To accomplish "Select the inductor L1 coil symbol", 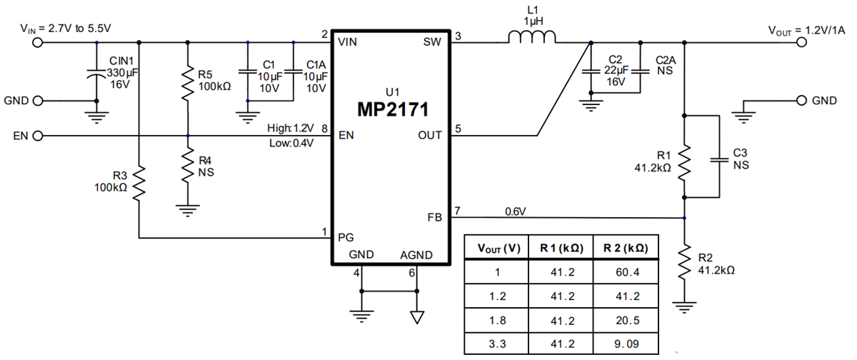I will pyautogui.click(x=533, y=39).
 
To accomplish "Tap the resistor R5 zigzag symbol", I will pyautogui.click(x=186, y=84).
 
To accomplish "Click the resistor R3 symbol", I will pyautogui.click(x=139, y=181).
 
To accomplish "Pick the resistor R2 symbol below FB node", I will pyautogui.click(x=685, y=261).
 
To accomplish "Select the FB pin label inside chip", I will pyautogui.click(x=434, y=216).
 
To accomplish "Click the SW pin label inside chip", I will pyautogui.click(x=432, y=41).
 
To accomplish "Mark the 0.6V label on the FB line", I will pyautogui.click(x=516, y=211).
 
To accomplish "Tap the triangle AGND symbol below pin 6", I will pyautogui.click(x=416, y=316).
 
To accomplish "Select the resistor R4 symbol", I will pyautogui.click(x=186, y=166).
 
